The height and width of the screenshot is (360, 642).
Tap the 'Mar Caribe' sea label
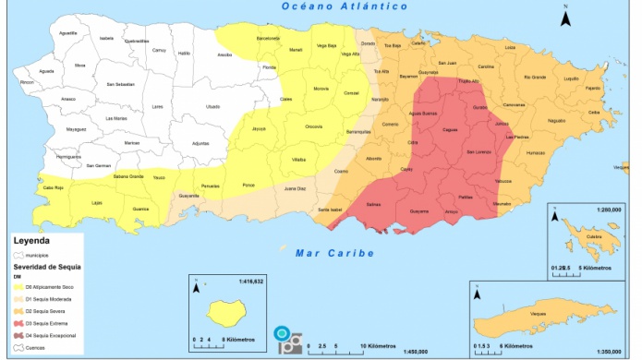334,252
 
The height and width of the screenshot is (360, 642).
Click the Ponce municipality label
248,186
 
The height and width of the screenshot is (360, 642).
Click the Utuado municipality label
213,106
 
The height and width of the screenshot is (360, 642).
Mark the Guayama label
419,211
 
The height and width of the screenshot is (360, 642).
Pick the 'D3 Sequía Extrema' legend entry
46,324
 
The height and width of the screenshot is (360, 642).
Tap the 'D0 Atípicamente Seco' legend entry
49,287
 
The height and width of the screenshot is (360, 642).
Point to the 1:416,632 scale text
250,281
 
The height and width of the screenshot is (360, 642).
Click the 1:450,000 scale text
420,352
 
